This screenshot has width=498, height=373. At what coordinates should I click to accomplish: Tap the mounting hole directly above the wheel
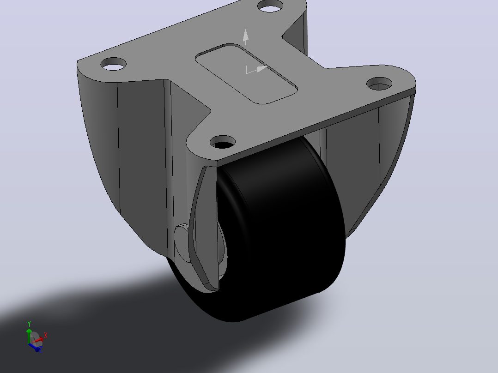pyautogui.click(x=223, y=142)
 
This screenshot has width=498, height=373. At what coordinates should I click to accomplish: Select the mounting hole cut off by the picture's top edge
pyautogui.click(x=270, y=6)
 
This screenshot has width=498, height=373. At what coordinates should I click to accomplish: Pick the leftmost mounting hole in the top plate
pyautogui.click(x=113, y=64)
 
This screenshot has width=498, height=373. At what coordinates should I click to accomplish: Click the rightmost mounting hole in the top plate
pyautogui.click(x=379, y=84)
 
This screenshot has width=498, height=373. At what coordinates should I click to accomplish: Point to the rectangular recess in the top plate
pyautogui.click(x=247, y=74)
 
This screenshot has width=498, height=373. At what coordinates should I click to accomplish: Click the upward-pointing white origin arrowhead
pyautogui.click(x=245, y=35)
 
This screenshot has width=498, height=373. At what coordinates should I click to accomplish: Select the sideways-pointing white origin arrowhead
pyautogui.click(x=262, y=68)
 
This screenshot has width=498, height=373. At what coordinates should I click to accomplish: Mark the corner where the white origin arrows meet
pyautogui.click(x=247, y=73)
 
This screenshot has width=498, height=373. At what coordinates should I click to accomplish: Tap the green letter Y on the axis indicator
pyautogui.click(x=29, y=324)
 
